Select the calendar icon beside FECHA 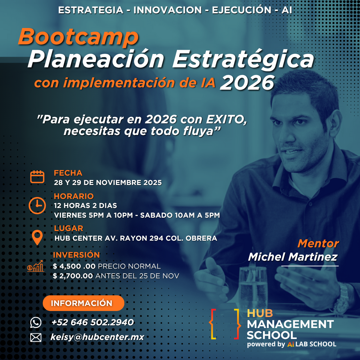[37, 177]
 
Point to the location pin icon [37, 237]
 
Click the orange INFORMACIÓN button [83, 303]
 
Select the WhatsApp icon [36, 322]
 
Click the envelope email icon [36, 337]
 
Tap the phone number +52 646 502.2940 [93, 322]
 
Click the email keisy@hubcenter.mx [97, 337]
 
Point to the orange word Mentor [318, 243]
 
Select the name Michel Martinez [293, 257]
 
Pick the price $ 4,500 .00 [74, 266]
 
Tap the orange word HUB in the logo [260, 313]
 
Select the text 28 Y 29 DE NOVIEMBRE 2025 [108, 183]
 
